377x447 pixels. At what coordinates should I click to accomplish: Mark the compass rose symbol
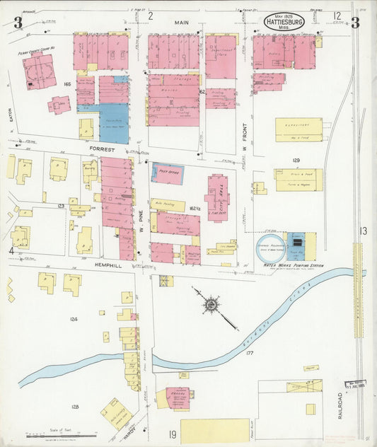[x=211, y=305]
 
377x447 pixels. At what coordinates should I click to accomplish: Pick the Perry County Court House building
[x=39, y=72]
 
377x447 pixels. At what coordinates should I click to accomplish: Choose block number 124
[x=74, y=319]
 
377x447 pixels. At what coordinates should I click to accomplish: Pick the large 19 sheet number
[x=172, y=434]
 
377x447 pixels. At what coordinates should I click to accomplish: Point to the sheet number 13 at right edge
[x=363, y=231]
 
